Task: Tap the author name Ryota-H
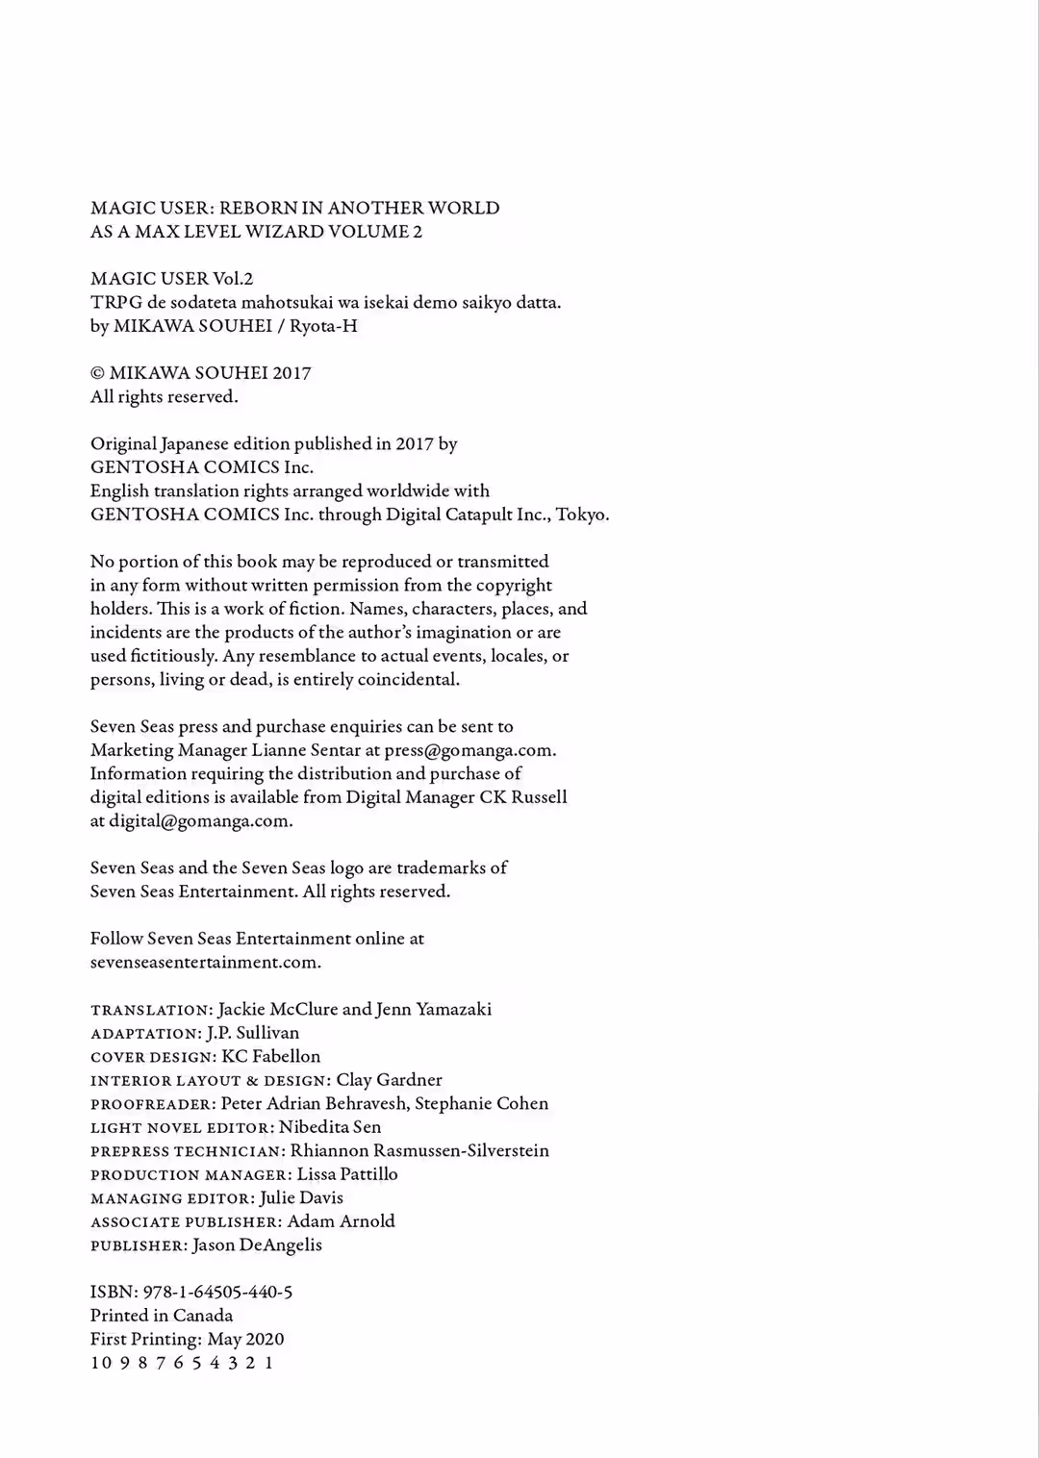pyautogui.click(x=323, y=326)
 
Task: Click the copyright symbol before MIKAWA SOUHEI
pyautogui.click(x=97, y=373)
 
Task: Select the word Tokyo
pyautogui.click(x=581, y=515)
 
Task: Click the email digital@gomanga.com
pyautogui.click(x=200, y=821)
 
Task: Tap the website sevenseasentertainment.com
pyautogui.click(x=205, y=963)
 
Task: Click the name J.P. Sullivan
pyautogui.click(x=252, y=1033)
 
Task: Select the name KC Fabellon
pyautogui.click(x=270, y=1056)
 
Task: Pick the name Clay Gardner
pyautogui.click(x=389, y=1080)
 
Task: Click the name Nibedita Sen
pyautogui.click(x=329, y=1127)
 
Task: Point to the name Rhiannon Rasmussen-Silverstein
pyautogui.click(x=419, y=1150)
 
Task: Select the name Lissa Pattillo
pyautogui.click(x=346, y=1174)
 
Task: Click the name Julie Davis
pyautogui.click(x=301, y=1197)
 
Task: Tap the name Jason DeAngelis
pyautogui.click(x=257, y=1244)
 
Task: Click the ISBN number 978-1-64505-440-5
pyautogui.click(x=217, y=1293)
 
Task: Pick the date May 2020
pyautogui.click(x=245, y=1339)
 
